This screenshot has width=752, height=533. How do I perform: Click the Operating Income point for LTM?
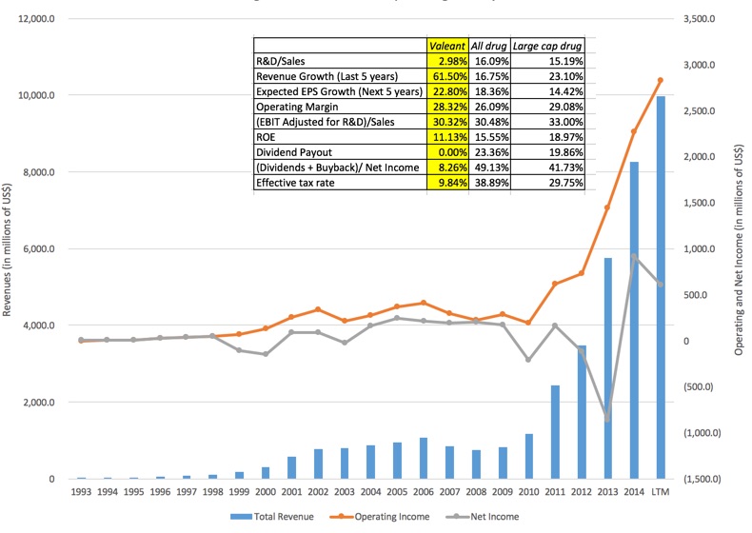click(x=660, y=80)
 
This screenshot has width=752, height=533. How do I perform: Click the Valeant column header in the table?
click(x=447, y=45)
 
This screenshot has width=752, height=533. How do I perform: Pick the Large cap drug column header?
click(x=547, y=45)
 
